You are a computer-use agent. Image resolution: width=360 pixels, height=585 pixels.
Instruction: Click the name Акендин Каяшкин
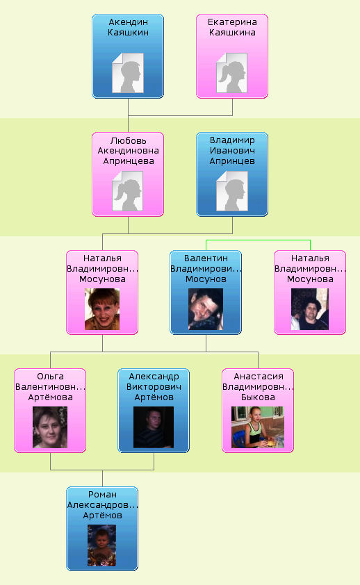[128, 27]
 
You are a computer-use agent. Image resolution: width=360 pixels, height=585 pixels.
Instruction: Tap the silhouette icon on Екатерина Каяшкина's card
[231, 73]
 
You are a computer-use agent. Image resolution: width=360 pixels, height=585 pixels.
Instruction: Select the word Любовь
[128, 140]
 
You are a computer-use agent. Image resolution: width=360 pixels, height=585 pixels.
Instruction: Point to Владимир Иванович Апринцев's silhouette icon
[231, 191]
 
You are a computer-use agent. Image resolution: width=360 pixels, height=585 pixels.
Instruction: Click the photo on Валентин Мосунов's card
[206, 309]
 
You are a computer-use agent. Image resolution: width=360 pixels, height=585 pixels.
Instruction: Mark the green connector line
[258, 240]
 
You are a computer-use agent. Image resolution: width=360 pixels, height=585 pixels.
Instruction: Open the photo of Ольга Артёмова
[50, 427]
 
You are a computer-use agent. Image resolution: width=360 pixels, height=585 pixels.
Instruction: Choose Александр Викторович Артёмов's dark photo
[154, 427]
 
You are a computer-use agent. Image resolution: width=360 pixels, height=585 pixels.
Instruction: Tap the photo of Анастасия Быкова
[258, 427]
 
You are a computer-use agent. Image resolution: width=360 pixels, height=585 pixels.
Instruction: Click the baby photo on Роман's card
[102, 545]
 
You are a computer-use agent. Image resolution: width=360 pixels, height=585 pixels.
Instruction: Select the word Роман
[102, 495]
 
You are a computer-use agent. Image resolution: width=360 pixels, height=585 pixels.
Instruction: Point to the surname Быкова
[258, 397]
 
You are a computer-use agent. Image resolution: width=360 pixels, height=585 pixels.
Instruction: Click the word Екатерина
[232, 22]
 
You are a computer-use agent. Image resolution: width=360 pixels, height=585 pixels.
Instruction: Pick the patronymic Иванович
[232, 151]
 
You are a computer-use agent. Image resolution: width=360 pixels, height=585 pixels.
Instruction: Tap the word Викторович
[154, 387]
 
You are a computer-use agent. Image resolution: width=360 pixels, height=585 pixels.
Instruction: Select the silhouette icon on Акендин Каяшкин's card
[128, 73]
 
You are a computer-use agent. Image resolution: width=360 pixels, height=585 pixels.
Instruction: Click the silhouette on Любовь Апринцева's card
[128, 191]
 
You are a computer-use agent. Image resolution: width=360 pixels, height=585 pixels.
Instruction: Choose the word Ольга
[50, 377]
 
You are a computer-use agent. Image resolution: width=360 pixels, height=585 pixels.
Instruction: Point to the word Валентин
[206, 258]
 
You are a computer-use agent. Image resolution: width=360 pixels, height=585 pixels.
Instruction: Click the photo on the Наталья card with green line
[310, 309]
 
